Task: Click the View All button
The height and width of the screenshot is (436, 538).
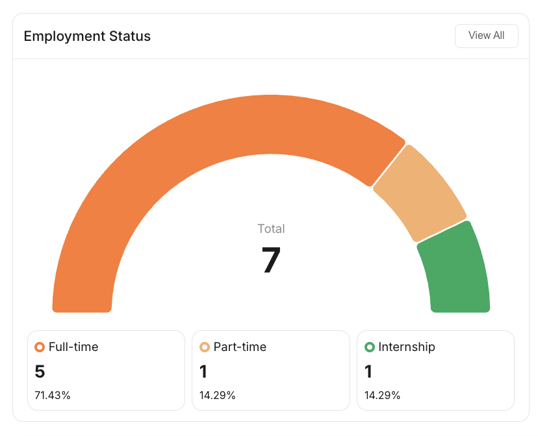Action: [486, 36]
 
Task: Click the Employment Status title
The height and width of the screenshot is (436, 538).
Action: [87, 36]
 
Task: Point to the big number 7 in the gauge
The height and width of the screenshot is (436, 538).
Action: [271, 260]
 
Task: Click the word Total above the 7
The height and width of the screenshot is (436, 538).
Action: [271, 228]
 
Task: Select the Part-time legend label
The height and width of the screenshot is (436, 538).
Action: [240, 347]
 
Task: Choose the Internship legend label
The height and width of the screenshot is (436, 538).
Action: [407, 347]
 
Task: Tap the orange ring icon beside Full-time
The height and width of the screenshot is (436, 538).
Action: [40, 347]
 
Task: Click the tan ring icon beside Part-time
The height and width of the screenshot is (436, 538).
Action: [205, 347]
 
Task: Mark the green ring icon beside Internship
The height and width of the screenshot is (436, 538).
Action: [370, 347]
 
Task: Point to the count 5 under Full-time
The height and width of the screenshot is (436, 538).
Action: [40, 372]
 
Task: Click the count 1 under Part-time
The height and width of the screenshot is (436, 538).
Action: [204, 372]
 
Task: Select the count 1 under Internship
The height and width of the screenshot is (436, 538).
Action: [368, 372]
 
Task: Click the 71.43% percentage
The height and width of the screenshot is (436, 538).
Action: [53, 395]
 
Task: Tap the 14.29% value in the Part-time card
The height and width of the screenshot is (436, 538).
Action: [218, 395]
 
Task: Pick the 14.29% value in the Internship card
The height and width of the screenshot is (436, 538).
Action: [382, 395]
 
